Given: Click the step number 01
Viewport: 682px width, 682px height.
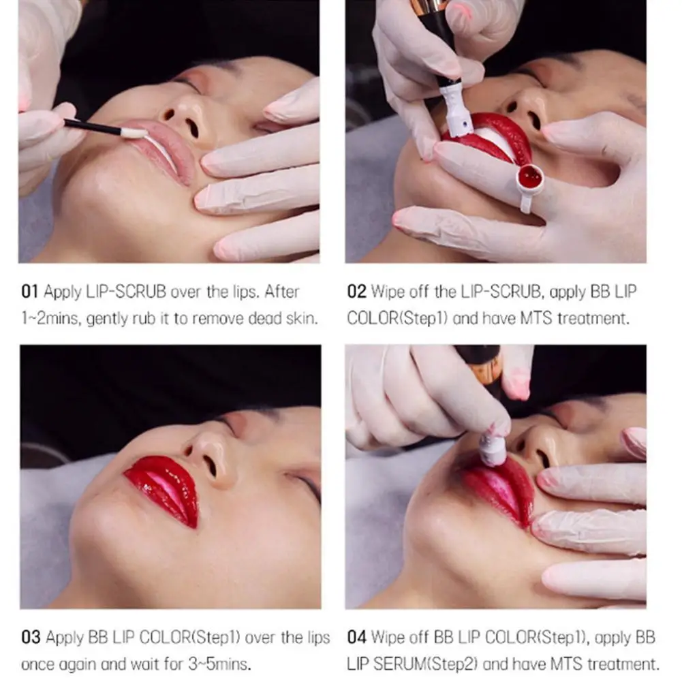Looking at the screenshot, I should point(30,292).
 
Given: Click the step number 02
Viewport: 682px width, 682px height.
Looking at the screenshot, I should point(356,292).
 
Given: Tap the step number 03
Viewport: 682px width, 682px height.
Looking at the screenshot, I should point(31,638).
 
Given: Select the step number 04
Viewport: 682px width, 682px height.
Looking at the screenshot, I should point(357,638).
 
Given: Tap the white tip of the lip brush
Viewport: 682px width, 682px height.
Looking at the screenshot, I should point(134,133).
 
